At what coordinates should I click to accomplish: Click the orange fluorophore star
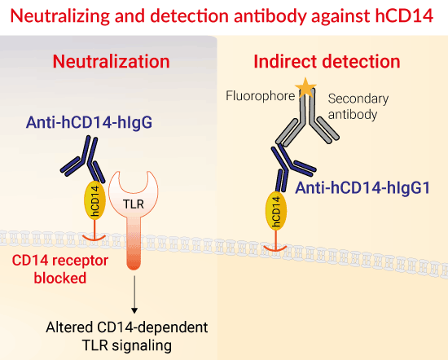305,87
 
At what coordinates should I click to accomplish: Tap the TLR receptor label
134,204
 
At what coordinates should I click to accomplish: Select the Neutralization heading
111,61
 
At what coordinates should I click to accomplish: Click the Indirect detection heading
327,61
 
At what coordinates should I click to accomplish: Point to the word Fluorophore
261,96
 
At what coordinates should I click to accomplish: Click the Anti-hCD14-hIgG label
89,122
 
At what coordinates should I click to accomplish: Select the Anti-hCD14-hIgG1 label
362,188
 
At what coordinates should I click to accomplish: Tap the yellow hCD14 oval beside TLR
94,200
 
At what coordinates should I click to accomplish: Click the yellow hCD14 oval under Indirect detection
276,211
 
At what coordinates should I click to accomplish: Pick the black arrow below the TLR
134,294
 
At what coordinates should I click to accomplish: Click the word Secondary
358,99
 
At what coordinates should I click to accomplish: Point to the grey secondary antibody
307,120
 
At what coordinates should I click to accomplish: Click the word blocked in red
60,278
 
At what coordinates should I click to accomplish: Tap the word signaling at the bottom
142,345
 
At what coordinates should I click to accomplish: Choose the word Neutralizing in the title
60,16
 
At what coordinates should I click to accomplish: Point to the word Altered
70,327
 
